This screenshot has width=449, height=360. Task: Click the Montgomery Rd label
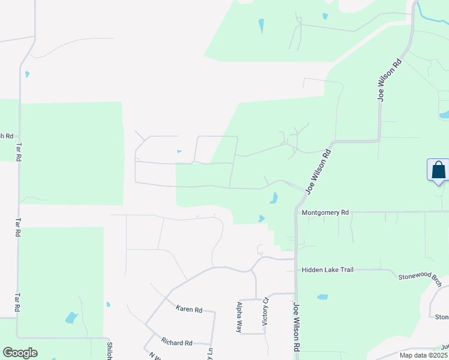click(x=325, y=212)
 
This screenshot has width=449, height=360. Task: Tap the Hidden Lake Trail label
click(x=328, y=270)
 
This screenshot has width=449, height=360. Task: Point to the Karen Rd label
click(x=188, y=309)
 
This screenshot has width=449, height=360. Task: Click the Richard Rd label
click(x=176, y=343)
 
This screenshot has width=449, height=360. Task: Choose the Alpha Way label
click(x=239, y=317)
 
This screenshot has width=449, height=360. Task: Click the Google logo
click(x=20, y=353)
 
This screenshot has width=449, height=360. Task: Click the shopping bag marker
click(x=438, y=170)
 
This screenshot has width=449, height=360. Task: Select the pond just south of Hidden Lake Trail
click(x=322, y=297)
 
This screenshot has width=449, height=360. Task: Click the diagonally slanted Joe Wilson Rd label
click(x=319, y=171)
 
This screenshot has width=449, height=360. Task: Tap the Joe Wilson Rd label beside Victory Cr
click(x=297, y=326)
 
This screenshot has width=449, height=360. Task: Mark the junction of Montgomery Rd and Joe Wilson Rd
click(x=296, y=212)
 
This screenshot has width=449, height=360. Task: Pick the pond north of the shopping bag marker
click(x=444, y=115)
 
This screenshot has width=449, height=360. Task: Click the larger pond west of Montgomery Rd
click(x=273, y=197)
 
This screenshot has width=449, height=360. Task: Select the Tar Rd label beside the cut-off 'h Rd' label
click(x=19, y=152)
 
